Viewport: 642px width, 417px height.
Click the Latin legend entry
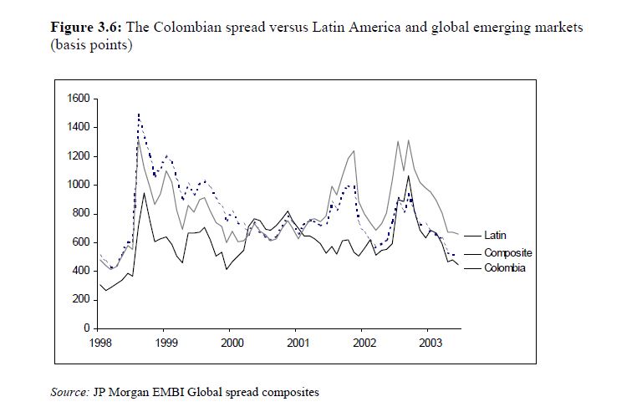[495, 236]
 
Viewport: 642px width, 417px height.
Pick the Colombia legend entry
[505, 268]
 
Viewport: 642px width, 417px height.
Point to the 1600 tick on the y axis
[79, 99]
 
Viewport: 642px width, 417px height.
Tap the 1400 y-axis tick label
[79, 128]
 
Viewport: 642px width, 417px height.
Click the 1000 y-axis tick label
[79, 185]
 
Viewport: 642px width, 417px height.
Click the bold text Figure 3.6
[86, 28]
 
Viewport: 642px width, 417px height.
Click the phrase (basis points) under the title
[91, 44]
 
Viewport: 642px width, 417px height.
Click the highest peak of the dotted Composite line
[138, 114]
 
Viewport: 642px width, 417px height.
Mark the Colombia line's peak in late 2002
[408, 176]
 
